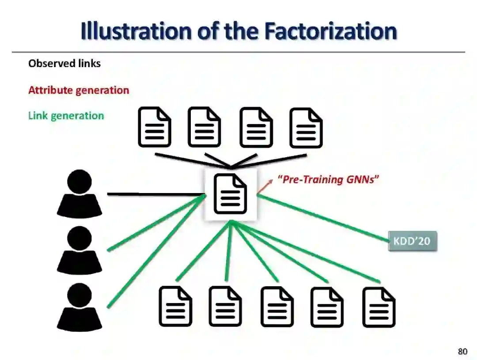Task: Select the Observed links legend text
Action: point(64,64)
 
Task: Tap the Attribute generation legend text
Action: point(79,90)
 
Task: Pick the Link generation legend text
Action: point(66,116)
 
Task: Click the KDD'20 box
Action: point(412,241)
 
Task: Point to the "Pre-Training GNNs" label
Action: point(328,180)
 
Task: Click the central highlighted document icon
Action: point(230,194)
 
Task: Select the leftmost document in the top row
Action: point(155,128)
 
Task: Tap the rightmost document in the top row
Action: point(306,128)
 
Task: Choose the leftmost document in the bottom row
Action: point(175,307)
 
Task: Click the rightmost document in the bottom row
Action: point(379,307)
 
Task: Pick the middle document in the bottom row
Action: point(277,307)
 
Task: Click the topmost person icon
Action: point(79,194)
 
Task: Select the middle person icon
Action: point(79,250)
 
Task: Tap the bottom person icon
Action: point(79,307)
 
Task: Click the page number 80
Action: point(462,352)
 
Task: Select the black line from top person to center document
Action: point(155,194)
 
